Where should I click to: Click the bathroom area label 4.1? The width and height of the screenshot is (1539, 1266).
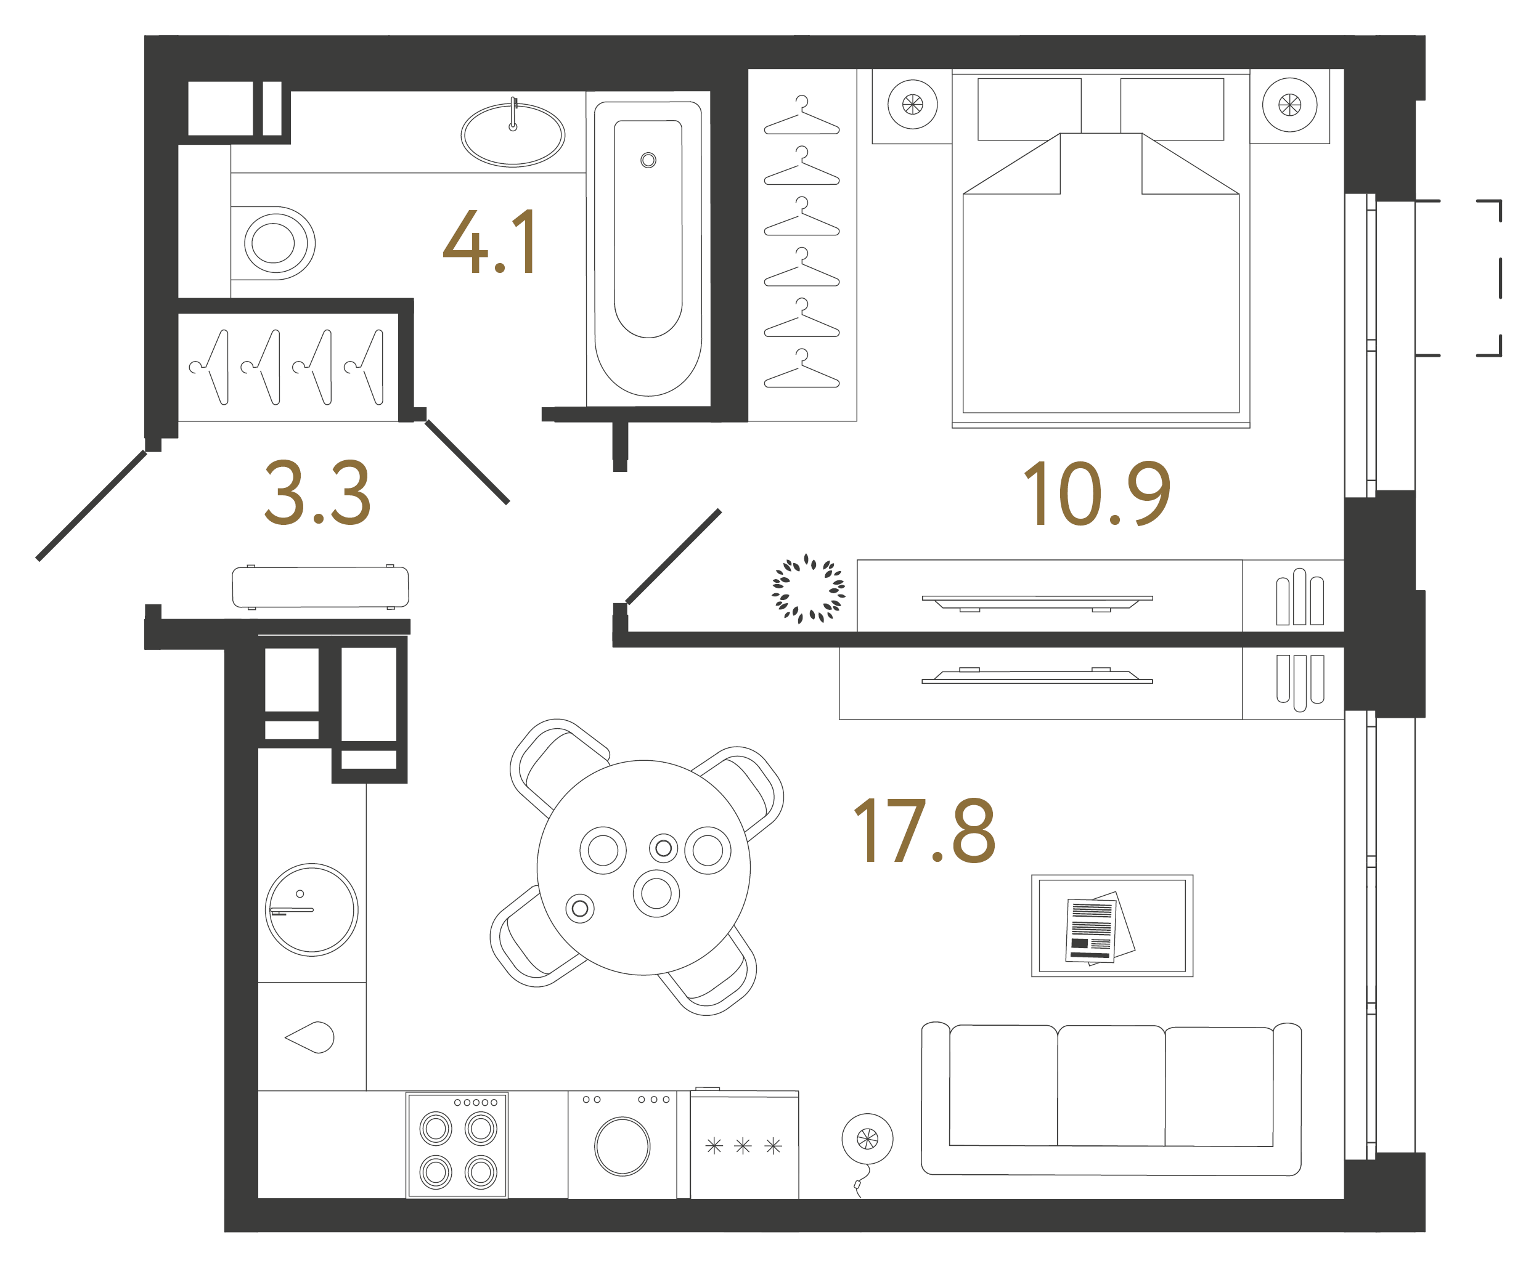(491, 242)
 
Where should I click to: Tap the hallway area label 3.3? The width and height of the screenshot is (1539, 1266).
(317, 493)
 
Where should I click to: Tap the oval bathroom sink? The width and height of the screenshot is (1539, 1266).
(513, 134)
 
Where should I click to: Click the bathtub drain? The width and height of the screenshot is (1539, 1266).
(648, 160)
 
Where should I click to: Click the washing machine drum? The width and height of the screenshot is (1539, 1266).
(623, 1146)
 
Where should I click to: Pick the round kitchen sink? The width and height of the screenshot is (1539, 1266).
(312, 910)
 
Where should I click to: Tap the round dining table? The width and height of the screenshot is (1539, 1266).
(643, 868)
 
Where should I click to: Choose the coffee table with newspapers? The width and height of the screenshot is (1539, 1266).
(1112, 926)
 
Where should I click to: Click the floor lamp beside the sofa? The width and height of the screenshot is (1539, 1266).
(868, 1139)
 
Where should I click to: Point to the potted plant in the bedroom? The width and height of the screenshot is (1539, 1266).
(809, 588)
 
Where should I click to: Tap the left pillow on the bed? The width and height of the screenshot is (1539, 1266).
(1029, 110)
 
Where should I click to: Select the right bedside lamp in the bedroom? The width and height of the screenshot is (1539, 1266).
(1289, 105)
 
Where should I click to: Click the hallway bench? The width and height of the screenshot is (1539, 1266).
(320, 587)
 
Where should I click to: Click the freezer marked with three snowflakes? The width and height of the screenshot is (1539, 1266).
(745, 1145)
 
